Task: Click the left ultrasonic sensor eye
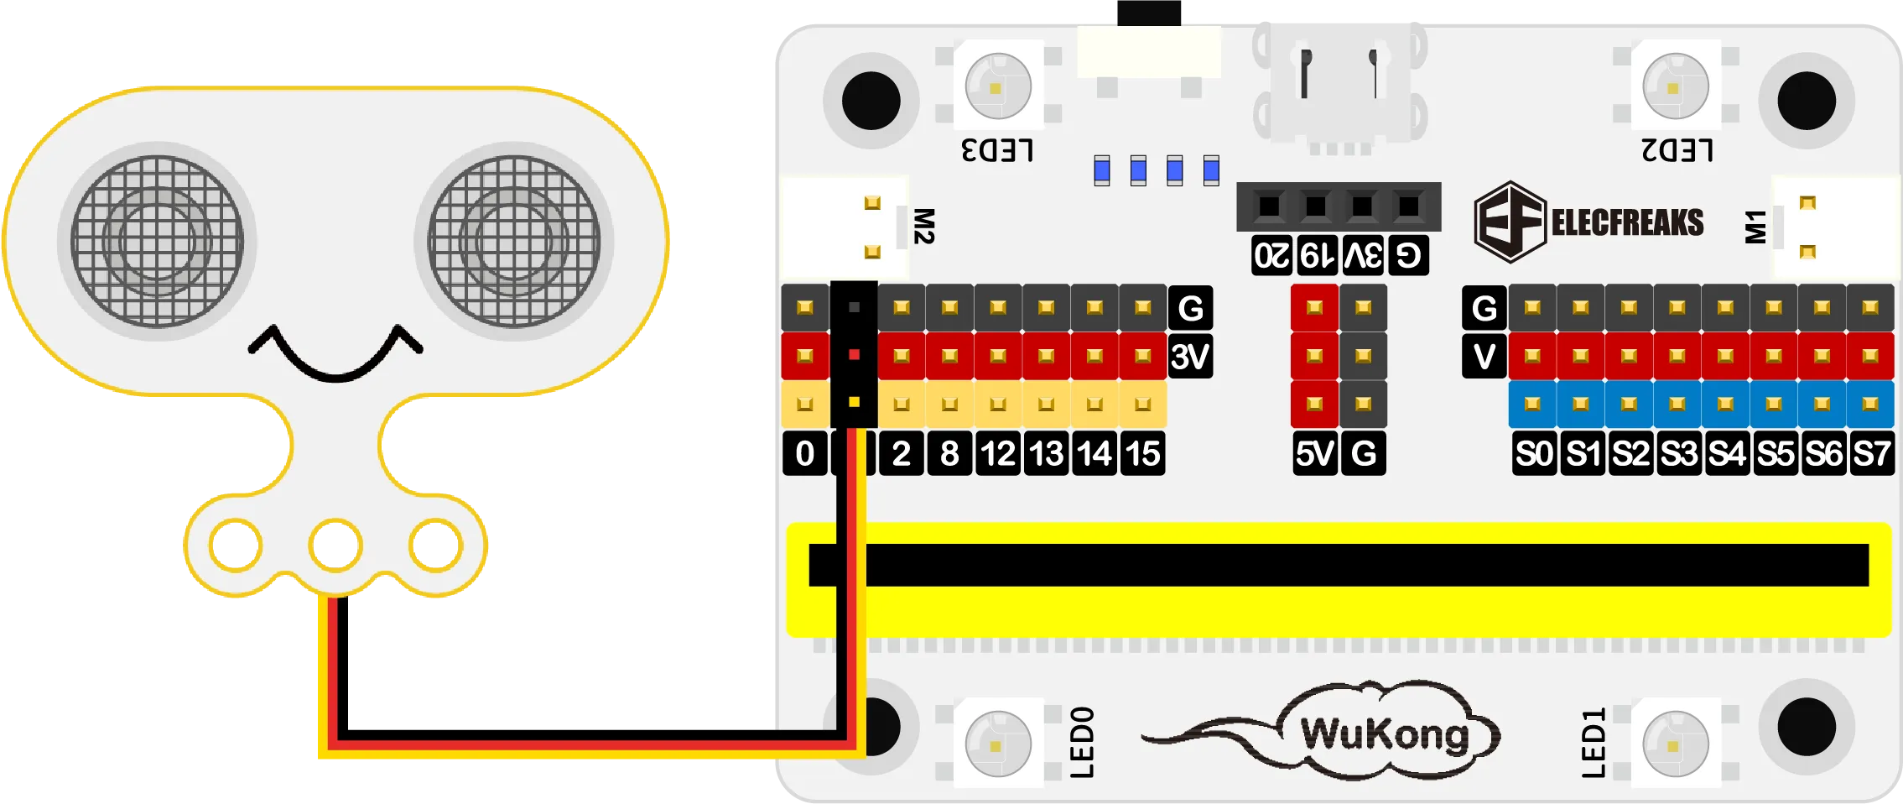point(157,241)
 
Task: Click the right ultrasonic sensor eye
point(513,241)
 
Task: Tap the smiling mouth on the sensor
point(335,352)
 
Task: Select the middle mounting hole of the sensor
point(335,545)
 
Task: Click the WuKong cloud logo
point(1384,734)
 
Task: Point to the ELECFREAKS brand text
point(1627,223)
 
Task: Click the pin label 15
point(1142,454)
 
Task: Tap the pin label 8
point(949,454)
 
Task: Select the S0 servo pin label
point(1534,454)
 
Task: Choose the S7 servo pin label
point(1871,454)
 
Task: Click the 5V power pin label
point(1314,454)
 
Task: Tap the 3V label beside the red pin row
point(1190,357)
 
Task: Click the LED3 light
point(997,86)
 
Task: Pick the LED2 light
point(1675,86)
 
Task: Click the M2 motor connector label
point(923,227)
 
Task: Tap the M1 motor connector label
point(1755,227)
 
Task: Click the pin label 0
point(804,454)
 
